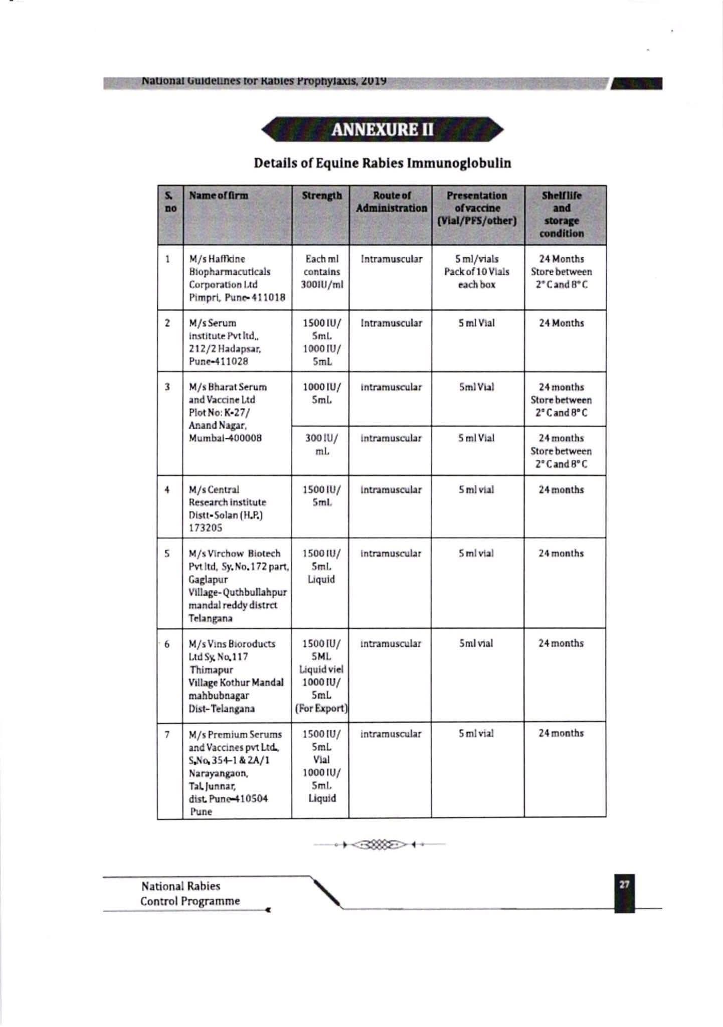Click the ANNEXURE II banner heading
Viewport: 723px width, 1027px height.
tap(382, 130)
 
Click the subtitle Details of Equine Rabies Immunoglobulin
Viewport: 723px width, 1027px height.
tap(382, 163)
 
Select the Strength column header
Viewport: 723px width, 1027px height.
tap(321, 196)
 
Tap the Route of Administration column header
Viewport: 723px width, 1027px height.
tap(391, 202)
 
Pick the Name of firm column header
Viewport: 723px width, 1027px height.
tap(218, 196)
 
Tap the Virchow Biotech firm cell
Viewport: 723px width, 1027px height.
tap(238, 585)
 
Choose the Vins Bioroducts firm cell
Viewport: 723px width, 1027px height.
tap(236, 675)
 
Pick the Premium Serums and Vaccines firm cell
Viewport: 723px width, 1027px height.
tap(235, 772)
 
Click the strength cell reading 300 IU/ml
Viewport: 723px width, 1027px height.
tap(321, 444)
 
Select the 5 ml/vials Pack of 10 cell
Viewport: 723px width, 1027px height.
tap(476, 271)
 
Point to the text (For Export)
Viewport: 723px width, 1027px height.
tap(321, 709)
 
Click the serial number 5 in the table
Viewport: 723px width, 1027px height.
tap(167, 554)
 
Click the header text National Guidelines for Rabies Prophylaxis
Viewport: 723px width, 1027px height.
tap(263, 81)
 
